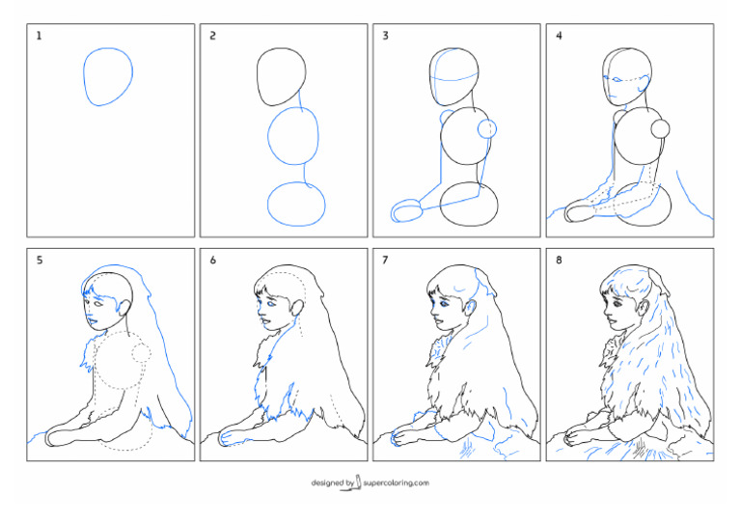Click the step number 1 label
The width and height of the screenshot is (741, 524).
[40, 36]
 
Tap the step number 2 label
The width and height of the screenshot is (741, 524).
[212, 36]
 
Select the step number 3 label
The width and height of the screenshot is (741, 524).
[385, 36]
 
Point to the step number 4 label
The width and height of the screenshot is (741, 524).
[559, 36]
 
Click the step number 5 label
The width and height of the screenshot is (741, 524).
[40, 260]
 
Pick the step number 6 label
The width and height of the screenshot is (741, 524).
[212, 260]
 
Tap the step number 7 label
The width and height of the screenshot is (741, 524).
[385, 260]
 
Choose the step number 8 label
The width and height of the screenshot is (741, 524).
[559, 260]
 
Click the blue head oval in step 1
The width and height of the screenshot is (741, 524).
[107, 74]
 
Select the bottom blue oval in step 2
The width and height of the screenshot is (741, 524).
[295, 204]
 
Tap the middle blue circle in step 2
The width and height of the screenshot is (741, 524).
[292, 137]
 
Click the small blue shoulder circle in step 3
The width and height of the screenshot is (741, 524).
[487, 127]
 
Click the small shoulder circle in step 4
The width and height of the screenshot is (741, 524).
[661, 127]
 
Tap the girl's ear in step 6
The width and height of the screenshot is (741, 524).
[295, 311]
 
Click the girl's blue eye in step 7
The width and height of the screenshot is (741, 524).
[442, 303]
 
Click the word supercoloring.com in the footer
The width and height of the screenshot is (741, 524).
[397, 483]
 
